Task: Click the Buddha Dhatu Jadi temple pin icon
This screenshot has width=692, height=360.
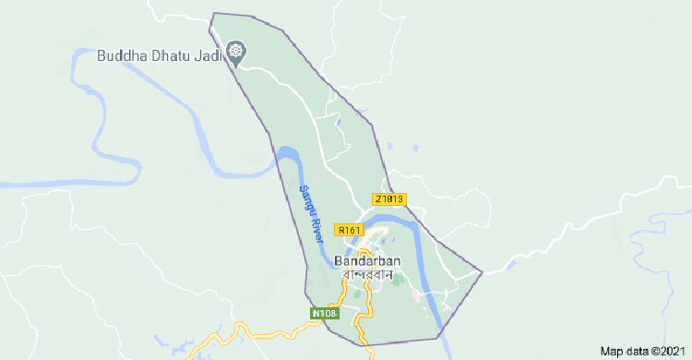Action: click(x=237, y=52)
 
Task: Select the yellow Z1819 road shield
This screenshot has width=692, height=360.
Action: click(x=390, y=198)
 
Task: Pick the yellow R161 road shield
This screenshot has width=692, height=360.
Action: click(x=349, y=228)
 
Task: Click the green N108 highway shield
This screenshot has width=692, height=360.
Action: click(x=325, y=314)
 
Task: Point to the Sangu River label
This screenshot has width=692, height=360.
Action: click(x=310, y=213)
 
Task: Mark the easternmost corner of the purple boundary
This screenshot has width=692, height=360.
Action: click(x=483, y=271)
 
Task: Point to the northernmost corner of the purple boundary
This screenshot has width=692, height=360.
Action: click(x=214, y=14)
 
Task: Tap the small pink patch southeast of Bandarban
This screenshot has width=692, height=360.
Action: click(x=417, y=295)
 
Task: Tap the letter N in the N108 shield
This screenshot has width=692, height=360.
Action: click(x=316, y=314)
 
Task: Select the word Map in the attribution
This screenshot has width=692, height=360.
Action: click(x=611, y=352)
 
